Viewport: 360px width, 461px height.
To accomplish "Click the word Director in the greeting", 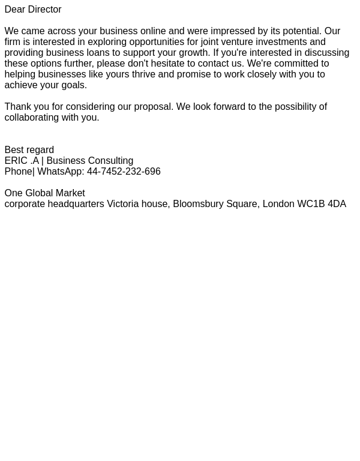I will [x=43, y=10].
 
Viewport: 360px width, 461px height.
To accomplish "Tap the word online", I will [x=153, y=31].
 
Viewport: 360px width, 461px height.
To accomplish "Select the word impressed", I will [x=233, y=31].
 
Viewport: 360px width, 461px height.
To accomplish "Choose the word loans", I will [x=98, y=53].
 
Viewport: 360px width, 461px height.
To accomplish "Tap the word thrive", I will [x=143, y=74].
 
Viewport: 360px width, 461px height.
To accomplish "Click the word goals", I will [x=74, y=85].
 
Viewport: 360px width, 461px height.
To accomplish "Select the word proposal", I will [x=153, y=107].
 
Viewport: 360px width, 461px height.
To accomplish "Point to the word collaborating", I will [x=31, y=118].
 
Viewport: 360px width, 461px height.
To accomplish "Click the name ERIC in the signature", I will [x=16, y=161].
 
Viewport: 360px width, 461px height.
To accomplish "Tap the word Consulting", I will [x=110, y=161].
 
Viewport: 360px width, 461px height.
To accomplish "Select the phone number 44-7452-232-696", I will [x=124, y=172].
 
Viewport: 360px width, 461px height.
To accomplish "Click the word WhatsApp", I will [x=59, y=172].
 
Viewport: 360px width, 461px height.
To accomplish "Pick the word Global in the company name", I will [x=39, y=193].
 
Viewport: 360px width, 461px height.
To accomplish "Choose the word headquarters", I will [x=76, y=204].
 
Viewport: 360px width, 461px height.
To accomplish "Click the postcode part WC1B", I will [x=311, y=204].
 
